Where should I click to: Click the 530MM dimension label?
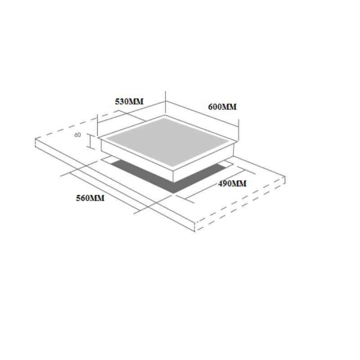pos(129,102)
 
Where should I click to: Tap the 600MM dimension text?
pos(222,107)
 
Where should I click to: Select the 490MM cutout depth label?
pos(232,184)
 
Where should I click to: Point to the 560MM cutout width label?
pos(90,198)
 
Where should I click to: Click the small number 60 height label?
pos(77,135)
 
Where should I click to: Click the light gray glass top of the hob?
pos(167,142)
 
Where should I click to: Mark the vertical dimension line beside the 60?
pos(90,141)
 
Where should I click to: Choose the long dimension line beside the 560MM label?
pos(105,192)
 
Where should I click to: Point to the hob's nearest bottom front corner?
pos(173,182)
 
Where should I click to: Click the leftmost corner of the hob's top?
pos(98,138)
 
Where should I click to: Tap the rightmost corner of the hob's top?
pos(238,142)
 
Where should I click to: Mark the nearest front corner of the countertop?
pos(195,223)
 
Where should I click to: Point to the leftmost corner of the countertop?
pos(36,139)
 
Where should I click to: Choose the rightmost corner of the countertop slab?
pos(285,176)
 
